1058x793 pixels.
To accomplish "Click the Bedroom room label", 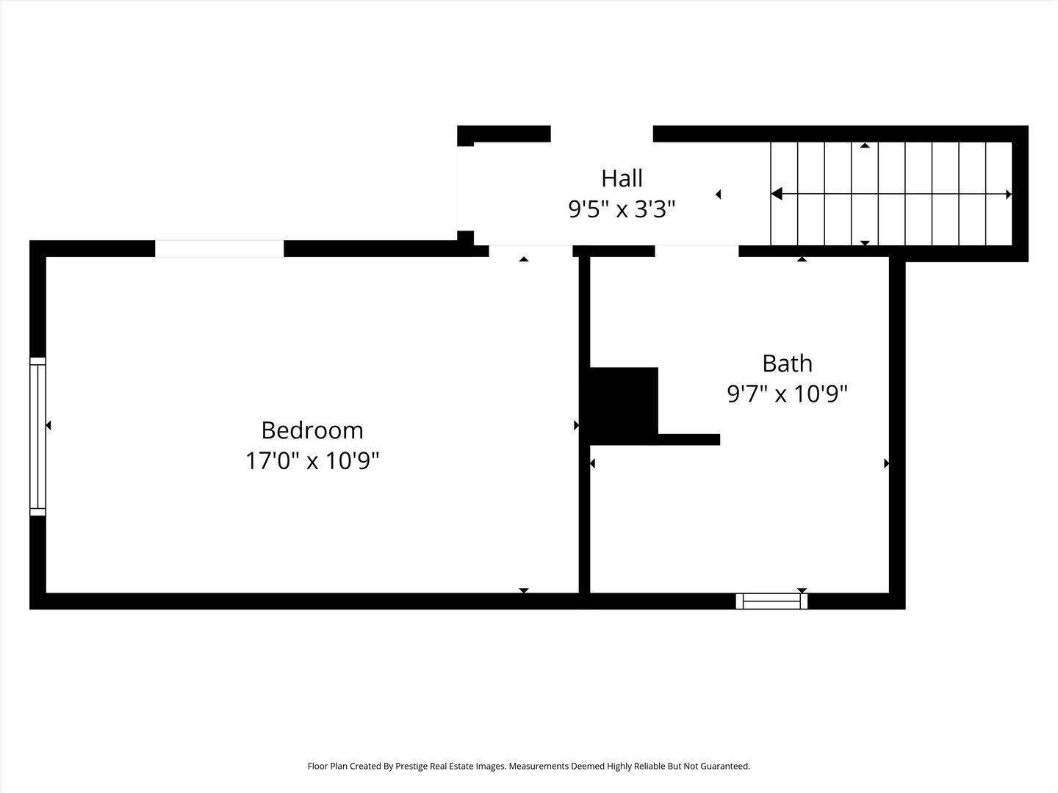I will click(312, 430).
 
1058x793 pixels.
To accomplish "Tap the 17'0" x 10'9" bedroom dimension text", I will click(312, 461).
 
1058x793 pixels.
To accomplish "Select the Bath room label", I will click(787, 363).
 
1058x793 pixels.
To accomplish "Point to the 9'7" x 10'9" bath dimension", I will click(787, 394).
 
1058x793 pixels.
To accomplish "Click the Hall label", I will click(622, 178).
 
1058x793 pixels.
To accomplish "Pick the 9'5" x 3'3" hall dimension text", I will click(622, 210).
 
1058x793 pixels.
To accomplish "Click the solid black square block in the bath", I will click(623, 405).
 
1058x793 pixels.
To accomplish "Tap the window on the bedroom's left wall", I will click(37, 436).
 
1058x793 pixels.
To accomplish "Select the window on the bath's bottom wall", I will click(771, 601).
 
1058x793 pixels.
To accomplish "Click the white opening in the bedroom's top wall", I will click(219, 248).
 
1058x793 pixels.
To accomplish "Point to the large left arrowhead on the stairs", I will click(777, 194).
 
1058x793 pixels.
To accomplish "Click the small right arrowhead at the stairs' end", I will click(1008, 195).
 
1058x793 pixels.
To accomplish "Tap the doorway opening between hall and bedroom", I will click(530, 251).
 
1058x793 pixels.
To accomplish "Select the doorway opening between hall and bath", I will click(697, 251).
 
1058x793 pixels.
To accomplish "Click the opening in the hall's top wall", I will click(601, 134).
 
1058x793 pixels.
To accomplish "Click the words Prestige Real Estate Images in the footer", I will click(450, 766).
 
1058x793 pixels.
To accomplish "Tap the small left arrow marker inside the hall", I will click(719, 195).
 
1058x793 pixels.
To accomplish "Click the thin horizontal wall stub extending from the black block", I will click(688, 439).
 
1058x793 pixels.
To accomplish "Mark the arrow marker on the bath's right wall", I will click(886, 463).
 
